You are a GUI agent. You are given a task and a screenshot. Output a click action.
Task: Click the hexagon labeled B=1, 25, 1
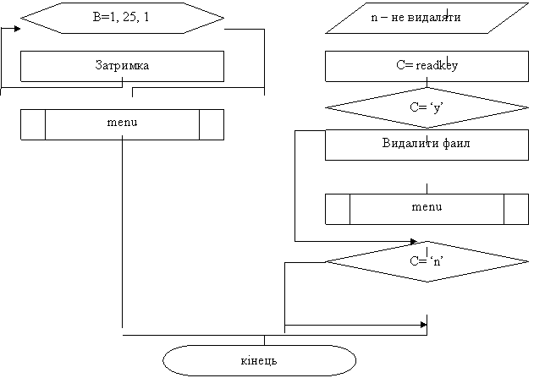(123, 17)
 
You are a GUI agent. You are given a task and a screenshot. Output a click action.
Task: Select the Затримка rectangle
(123, 65)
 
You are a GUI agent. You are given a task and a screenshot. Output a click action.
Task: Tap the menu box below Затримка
(123, 123)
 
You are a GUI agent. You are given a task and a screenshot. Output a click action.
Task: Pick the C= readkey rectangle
(427, 65)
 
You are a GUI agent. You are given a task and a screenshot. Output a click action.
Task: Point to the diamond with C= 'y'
(427, 107)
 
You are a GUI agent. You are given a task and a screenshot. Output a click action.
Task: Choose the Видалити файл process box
(427, 144)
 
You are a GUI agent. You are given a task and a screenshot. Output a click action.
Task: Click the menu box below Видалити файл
(427, 208)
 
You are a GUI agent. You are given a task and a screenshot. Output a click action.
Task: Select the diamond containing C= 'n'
(427, 261)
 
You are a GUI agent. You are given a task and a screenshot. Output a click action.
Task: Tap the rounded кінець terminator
(259, 361)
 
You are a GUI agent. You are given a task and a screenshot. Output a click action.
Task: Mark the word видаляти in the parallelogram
(437, 18)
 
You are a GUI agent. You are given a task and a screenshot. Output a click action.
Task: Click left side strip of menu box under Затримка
(33, 123)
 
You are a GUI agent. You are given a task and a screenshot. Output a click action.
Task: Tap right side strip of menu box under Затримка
(212, 123)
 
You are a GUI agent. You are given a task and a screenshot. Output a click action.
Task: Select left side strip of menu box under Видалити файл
(338, 208)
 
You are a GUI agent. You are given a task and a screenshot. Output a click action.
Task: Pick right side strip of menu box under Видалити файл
(516, 208)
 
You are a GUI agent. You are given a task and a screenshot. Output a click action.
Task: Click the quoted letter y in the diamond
(437, 107)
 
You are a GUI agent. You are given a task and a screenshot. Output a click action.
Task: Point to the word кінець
(259, 361)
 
